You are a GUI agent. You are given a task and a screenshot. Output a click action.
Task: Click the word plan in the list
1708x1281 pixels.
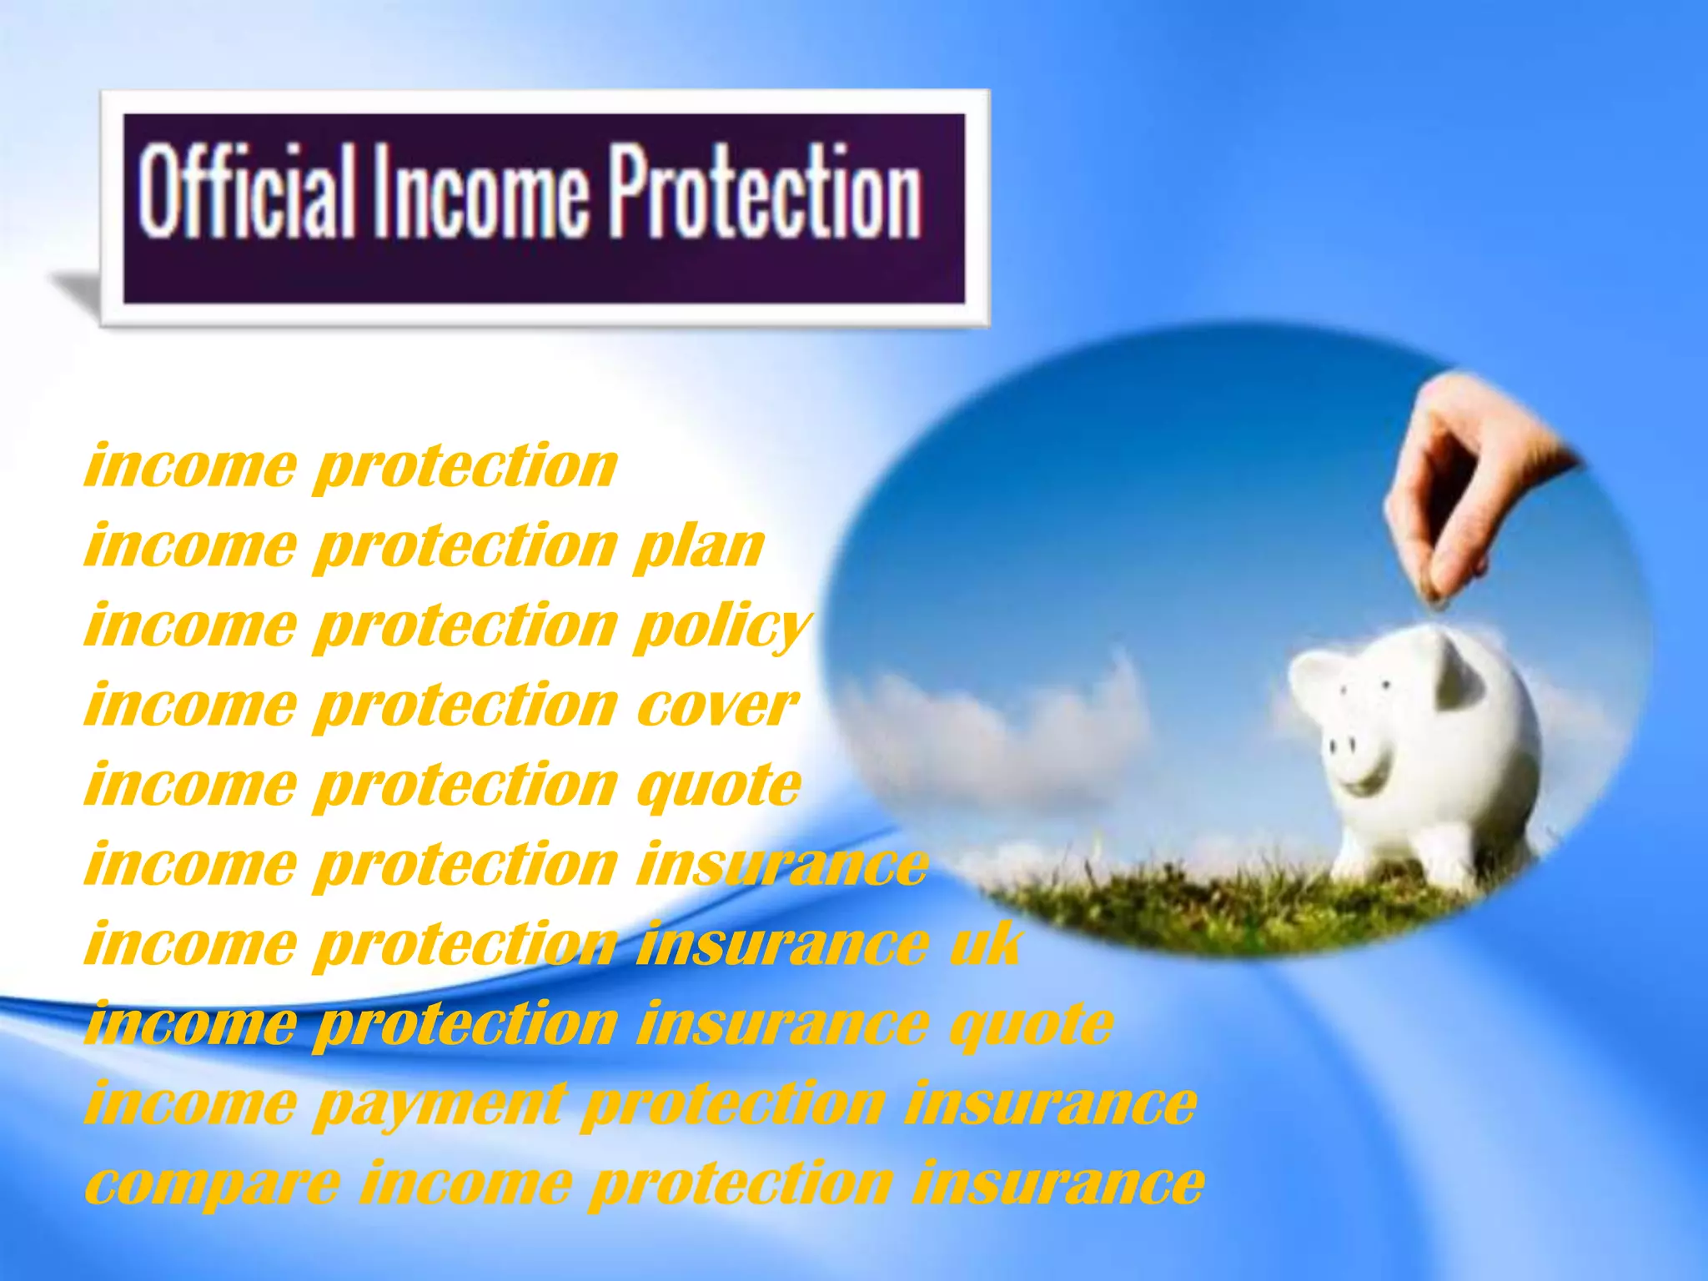pos(699,547)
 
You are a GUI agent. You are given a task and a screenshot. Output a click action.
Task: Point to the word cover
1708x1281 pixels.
pos(716,706)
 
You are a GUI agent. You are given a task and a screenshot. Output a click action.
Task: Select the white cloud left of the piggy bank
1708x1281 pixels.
pos(1001,726)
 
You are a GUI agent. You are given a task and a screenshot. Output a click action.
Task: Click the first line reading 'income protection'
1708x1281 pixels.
pos(350,466)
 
